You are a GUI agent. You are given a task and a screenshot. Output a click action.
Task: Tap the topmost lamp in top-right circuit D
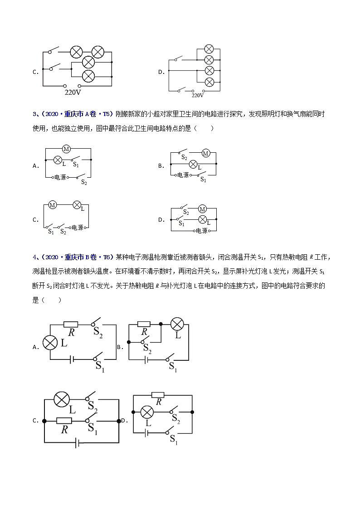[x=209, y=49]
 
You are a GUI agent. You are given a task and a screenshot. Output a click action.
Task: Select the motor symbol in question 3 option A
[x=66, y=149]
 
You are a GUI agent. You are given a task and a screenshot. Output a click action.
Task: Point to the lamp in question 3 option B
[x=193, y=164]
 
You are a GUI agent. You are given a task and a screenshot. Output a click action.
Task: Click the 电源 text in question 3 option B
[x=183, y=175]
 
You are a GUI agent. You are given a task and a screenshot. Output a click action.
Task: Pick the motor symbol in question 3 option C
[x=52, y=205]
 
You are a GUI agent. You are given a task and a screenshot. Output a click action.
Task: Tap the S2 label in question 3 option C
[x=63, y=232]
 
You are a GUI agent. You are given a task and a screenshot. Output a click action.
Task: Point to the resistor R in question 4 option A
[x=71, y=325]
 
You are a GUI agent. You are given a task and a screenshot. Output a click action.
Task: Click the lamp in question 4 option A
[x=49, y=343]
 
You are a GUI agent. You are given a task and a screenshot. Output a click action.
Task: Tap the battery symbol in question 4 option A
[x=72, y=359]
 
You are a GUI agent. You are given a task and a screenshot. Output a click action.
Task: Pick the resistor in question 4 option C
[x=64, y=421]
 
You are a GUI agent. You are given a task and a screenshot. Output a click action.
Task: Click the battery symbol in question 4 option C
[x=78, y=442]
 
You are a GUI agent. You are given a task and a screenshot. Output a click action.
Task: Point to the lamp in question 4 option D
[x=146, y=412]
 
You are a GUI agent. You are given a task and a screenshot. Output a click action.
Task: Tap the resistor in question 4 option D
[x=158, y=395]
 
